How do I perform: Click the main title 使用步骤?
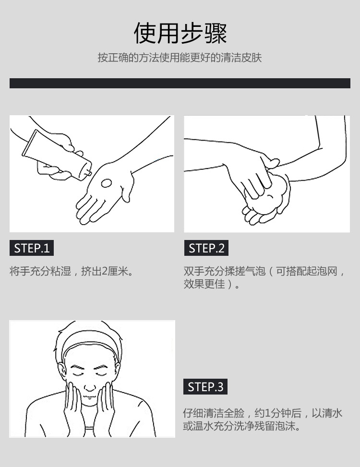tap(180, 33)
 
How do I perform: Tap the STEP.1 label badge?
tap(32, 248)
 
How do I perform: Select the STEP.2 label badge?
tap(206, 248)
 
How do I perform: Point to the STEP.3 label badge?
tap(205, 386)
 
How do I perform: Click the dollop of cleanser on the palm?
tap(106, 183)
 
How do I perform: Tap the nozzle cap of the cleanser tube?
tap(88, 172)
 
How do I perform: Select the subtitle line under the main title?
tap(180, 58)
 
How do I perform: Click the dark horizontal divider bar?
tap(180, 83)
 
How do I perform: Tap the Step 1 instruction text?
tap(72, 271)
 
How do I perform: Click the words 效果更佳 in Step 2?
tap(204, 284)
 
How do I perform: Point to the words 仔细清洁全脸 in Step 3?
tap(214, 413)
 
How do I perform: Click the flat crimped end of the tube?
tap(29, 143)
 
